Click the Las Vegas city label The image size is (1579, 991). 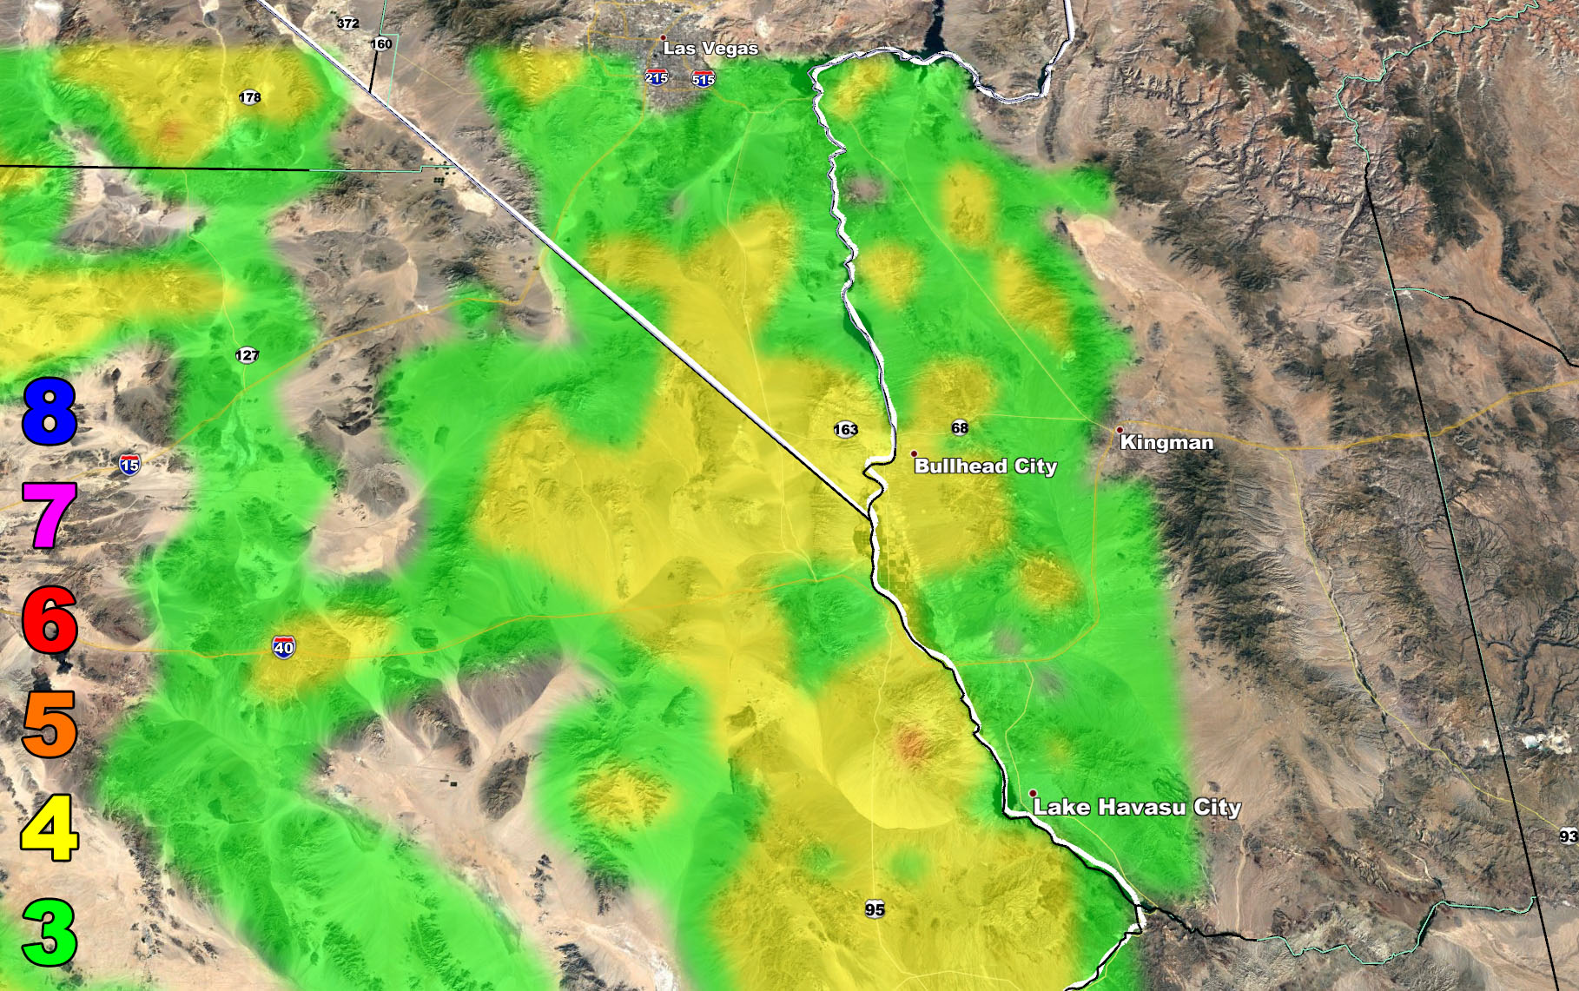tap(710, 49)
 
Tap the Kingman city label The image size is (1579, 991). tap(1166, 442)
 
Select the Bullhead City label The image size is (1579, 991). tap(985, 466)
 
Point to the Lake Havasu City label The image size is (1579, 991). tap(1136, 807)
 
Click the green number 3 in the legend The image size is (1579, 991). tap(50, 933)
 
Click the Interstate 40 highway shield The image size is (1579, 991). tap(284, 647)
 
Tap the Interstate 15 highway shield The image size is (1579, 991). tap(129, 465)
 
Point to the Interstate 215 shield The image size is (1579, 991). tap(657, 78)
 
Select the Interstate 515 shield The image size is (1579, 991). tap(704, 80)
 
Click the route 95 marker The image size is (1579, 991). tap(875, 909)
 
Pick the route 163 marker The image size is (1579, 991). tap(845, 429)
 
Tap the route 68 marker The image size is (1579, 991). tap(960, 427)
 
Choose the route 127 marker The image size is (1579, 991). tap(247, 354)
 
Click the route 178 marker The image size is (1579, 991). tap(250, 97)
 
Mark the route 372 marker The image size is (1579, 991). tap(348, 23)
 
